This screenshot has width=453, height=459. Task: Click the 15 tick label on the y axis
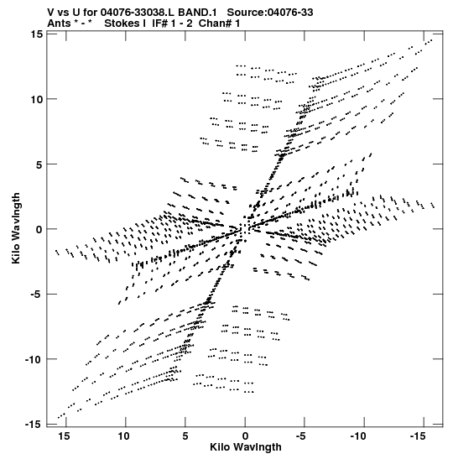36,34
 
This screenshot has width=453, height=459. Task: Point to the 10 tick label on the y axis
36,99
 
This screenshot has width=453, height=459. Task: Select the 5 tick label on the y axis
39,164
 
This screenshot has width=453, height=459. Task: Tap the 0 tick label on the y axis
39,229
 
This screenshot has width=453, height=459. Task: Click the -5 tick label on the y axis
37,295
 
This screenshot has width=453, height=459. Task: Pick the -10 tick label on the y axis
34,359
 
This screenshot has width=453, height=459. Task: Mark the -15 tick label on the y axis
34,424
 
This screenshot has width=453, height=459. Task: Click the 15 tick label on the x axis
64,436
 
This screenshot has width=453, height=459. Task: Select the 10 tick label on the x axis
123,436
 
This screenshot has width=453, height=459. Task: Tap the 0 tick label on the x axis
245,436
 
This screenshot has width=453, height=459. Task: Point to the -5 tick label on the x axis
301,436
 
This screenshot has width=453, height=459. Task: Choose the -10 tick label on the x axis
358,436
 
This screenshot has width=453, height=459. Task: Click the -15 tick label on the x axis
418,436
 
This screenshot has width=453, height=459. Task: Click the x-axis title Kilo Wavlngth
246,447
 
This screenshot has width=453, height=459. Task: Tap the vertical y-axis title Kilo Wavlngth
16,228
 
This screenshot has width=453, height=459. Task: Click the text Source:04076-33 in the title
270,13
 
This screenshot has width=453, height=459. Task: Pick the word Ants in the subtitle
59,23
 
